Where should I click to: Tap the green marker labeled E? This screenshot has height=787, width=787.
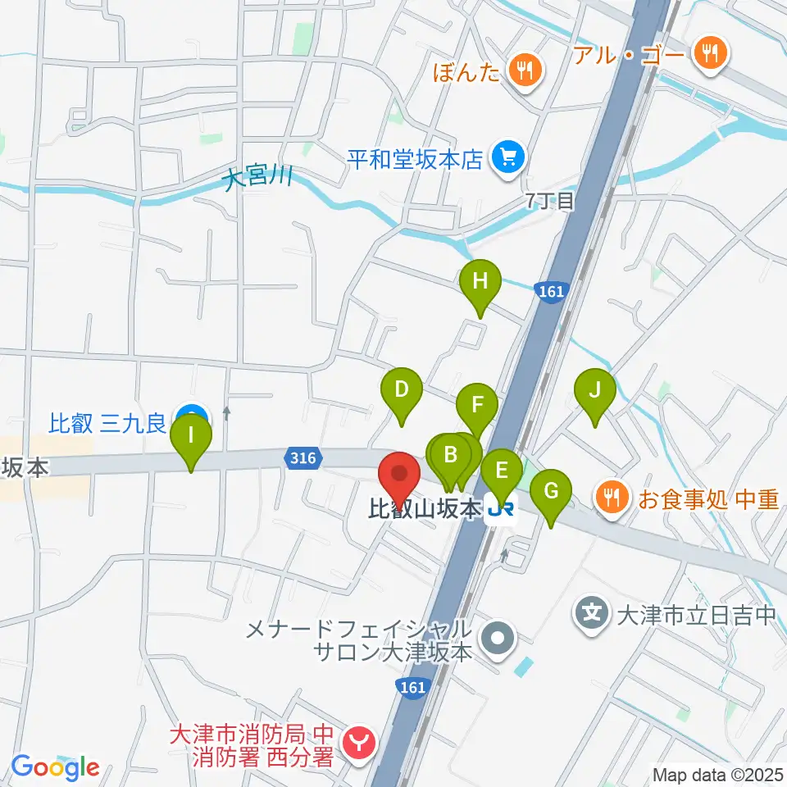[501, 472]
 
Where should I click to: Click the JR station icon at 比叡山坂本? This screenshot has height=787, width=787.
[500, 511]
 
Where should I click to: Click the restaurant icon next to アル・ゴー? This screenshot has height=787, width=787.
[706, 54]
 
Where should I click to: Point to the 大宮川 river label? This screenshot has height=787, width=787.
[258, 176]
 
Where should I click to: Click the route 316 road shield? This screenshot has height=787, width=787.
[303, 459]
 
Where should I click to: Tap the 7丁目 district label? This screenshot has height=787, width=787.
[549, 202]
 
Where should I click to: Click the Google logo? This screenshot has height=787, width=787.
[56, 768]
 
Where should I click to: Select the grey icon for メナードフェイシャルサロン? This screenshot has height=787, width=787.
[498, 637]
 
